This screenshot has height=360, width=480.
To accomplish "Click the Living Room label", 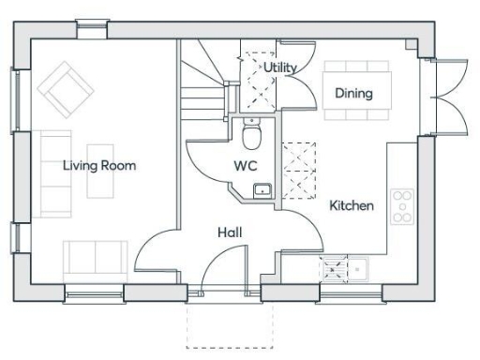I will click(x=99, y=166).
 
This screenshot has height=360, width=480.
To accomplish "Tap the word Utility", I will click(x=279, y=67).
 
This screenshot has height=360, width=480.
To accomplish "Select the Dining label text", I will click(x=353, y=93).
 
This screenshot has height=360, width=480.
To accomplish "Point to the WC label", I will click(x=247, y=166).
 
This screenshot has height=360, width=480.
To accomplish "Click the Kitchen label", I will click(x=352, y=205).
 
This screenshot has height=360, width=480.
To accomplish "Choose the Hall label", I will click(x=231, y=232).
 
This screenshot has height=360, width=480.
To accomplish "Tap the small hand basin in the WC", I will click(x=262, y=191).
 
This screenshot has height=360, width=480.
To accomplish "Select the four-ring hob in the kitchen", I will click(x=402, y=206).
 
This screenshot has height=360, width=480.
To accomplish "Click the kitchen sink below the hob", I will click(x=345, y=269).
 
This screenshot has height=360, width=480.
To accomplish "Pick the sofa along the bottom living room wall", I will click(x=95, y=259).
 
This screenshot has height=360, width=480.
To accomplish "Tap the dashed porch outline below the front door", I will click(x=225, y=322).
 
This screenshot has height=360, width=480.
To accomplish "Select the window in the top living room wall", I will click(x=92, y=30).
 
